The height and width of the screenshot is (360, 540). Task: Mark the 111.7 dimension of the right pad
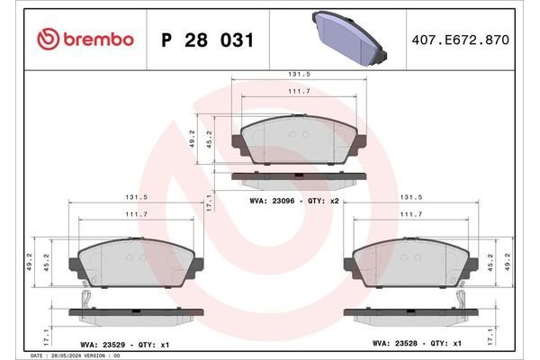(x=410, y=214)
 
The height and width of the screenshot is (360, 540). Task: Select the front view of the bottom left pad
(x=137, y=263)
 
